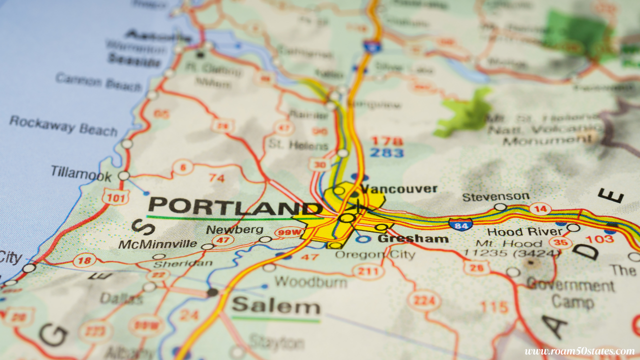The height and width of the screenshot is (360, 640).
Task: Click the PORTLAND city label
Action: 235,206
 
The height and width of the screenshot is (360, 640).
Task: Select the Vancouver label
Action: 398,189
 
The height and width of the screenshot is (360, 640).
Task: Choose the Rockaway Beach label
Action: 63,125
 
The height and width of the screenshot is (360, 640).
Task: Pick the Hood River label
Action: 524,231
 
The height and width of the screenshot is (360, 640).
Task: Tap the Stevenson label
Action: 495,196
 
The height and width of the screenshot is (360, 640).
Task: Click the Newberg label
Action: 234,229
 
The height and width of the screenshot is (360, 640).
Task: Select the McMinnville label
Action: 157,244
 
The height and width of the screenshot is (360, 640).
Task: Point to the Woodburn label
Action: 310,281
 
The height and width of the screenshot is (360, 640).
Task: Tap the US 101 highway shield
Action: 115,197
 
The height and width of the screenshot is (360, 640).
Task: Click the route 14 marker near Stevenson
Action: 540,209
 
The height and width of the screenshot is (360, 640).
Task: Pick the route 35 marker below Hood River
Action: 560,243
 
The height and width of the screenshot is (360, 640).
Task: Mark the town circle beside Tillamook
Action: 123,175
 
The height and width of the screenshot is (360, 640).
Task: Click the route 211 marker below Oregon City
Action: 368,271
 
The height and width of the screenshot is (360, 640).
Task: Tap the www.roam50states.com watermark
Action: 579,351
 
